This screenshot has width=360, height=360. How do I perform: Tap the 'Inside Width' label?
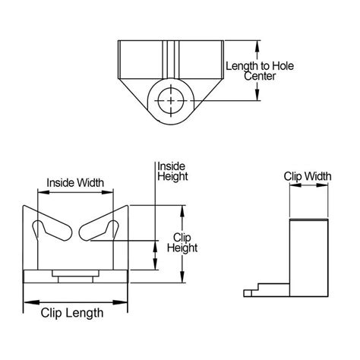click(75, 182)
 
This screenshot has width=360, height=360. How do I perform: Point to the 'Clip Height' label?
click(183, 242)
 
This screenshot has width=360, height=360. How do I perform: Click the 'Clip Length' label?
click(74, 310)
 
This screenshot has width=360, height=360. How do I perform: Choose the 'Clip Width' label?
click(308, 176)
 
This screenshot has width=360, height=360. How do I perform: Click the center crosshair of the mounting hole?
click(172, 100)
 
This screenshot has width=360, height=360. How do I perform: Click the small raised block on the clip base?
click(74, 273)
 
